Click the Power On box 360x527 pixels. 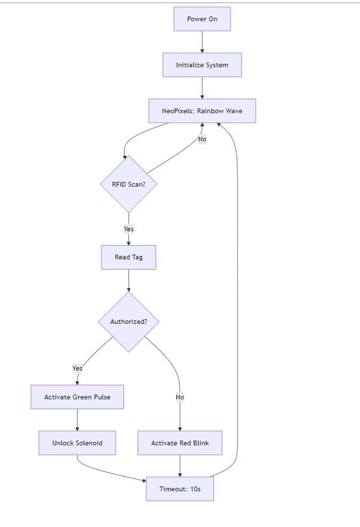202,19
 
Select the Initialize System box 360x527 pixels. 202,65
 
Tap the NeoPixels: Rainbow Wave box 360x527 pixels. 202,111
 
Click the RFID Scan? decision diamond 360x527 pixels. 129,184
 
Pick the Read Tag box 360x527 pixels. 129,257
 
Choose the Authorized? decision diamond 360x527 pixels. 129,322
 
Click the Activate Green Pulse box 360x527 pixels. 77,397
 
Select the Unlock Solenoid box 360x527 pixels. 77,443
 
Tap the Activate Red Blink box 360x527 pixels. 180,443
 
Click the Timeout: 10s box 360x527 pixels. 180,489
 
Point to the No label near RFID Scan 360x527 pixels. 202,139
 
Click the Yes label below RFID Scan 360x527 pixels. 129,229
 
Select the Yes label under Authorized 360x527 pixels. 77,368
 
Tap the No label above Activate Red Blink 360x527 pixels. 180,397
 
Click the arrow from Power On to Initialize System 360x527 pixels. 202,42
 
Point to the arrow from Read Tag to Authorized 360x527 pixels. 129,281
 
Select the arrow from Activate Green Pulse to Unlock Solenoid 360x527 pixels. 77,420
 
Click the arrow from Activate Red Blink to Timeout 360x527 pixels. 180,466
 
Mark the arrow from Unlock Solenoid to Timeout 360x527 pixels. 108,472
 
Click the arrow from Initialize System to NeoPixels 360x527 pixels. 202,88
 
